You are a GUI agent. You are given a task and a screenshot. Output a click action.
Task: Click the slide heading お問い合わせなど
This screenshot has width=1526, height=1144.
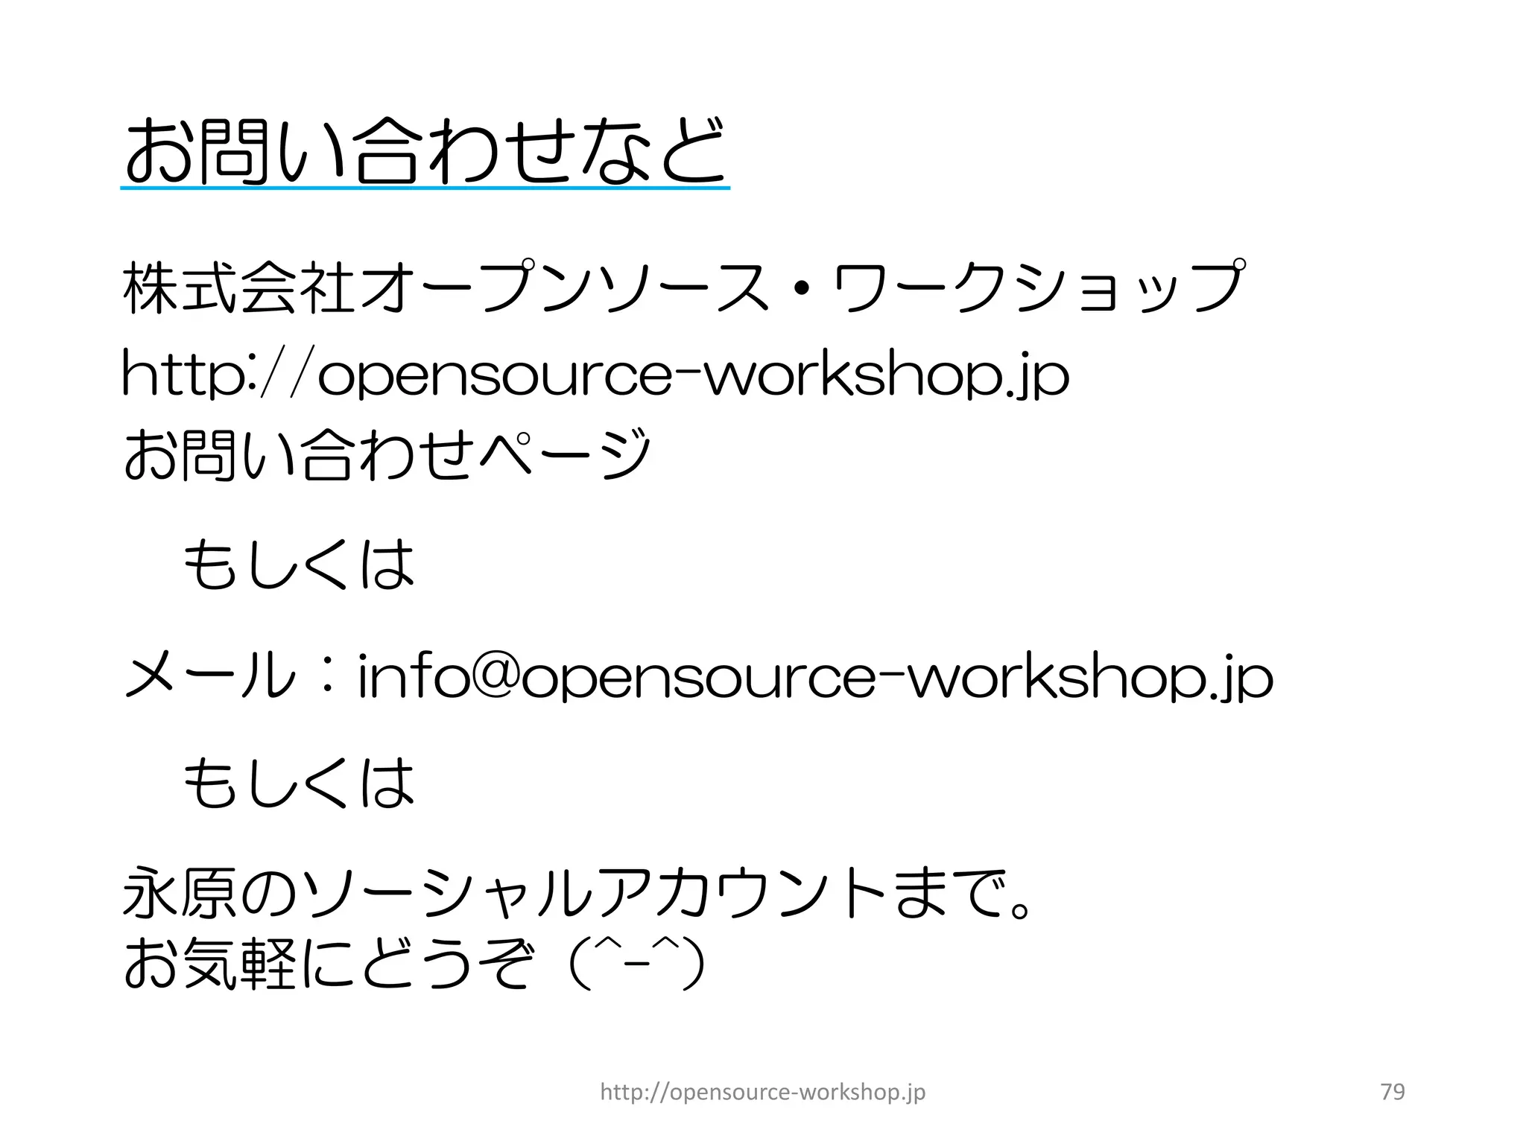(425, 151)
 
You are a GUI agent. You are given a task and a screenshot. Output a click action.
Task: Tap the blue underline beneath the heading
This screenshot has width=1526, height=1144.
(425, 188)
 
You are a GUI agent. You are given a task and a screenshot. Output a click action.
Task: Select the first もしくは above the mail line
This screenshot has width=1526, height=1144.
(298, 564)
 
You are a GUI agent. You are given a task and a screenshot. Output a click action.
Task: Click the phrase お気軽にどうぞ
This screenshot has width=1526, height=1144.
(328, 965)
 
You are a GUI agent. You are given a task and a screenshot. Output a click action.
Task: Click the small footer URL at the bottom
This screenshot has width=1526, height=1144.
(762, 1092)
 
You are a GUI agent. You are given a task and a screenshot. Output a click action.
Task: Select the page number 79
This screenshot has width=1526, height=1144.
(1392, 1092)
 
